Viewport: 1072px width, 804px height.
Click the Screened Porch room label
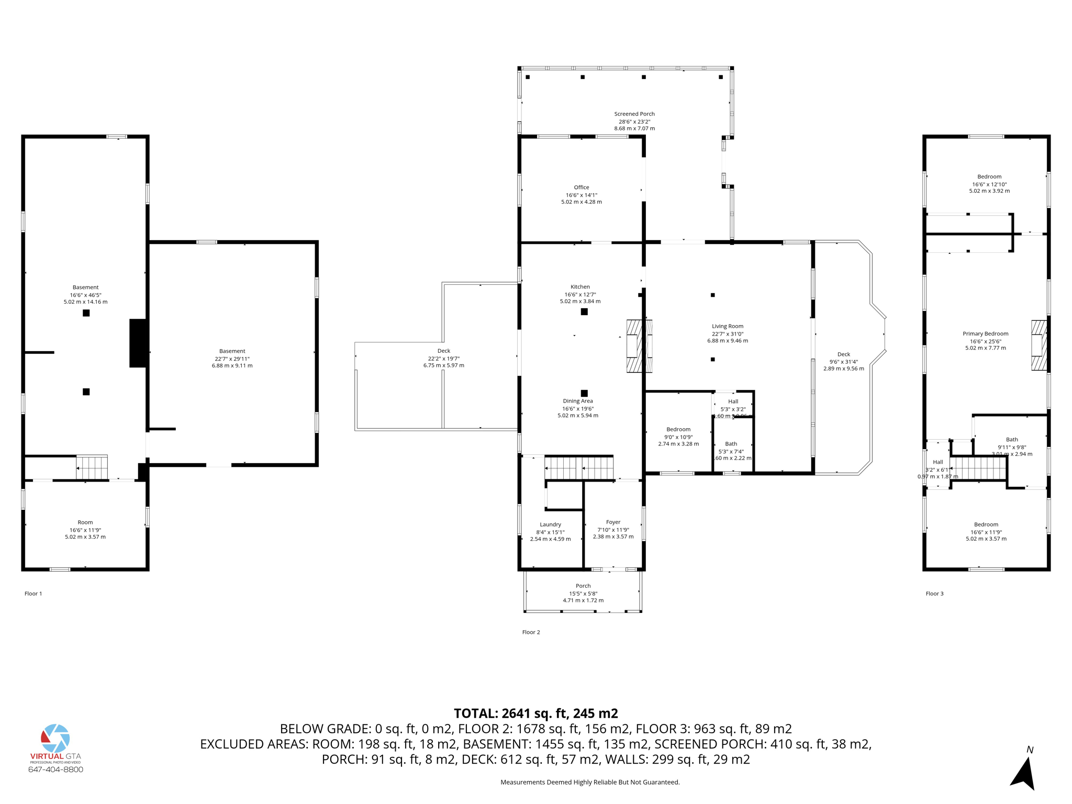pos(634,114)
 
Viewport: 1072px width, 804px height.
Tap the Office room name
pos(581,187)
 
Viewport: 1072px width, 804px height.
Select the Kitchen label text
pos(580,287)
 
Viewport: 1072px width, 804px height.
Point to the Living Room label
pos(727,326)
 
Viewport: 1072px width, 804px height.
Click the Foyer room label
pos(613,522)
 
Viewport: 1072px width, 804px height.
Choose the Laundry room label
pos(550,524)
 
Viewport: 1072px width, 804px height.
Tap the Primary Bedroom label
pos(985,333)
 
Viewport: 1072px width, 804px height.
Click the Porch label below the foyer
pos(583,586)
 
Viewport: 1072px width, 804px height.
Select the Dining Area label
pos(577,401)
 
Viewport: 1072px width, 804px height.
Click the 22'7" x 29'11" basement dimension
pos(232,359)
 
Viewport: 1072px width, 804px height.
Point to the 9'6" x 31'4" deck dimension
pos(843,362)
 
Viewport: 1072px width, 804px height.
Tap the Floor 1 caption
pos(33,594)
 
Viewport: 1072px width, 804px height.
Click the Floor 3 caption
pos(934,594)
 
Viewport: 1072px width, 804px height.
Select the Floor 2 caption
pos(531,632)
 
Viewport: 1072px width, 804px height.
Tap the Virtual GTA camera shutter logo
pos(55,738)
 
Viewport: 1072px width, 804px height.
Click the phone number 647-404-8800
pos(55,769)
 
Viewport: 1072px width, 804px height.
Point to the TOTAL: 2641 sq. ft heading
pos(535,713)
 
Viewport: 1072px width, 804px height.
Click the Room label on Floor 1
pos(85,522)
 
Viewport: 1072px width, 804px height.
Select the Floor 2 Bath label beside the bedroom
pos(731,444)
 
